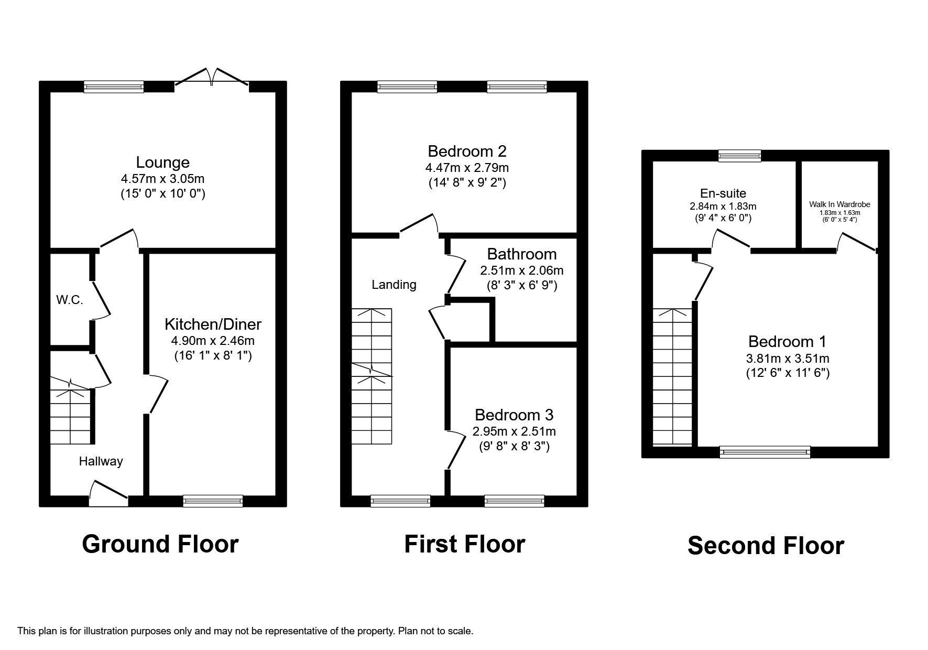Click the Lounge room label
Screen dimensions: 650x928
pyautogui.click(x=162, y=162)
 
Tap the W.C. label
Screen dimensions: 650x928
pyautogui.click(x=70, y=300)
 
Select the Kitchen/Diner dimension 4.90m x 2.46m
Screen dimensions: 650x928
pyautogui.click(x=213, y=341)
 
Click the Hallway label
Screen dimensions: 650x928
pyautogui.click(x=101, y=461)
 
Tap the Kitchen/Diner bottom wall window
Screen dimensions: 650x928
pyautogui.click(x=213, y=501)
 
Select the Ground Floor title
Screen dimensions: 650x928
pyautogui.click(x=160, y=544)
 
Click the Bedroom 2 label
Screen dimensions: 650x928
pyautogui.click(x=467, y=151)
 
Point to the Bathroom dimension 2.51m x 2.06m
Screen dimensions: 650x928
pyautogui.click(x=521, y=271)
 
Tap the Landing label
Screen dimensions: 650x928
pyautogui.click(x=394, y=285)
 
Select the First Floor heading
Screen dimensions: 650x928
pyautogui.click(x=464, y=544)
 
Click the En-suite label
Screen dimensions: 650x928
pyautogui.click(x=723, y=193)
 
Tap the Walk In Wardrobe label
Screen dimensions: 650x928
pyautogui.click(x=839, y=204)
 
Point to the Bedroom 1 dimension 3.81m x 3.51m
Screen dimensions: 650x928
pyautogui.click(x=787, y=359)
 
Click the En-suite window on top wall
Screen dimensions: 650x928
pyautogui.click(x=739, y=155)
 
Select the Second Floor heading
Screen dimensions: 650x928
pyautogui.click(x=766, y=545)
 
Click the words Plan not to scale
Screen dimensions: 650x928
pyautogui.click(x=435, y=631)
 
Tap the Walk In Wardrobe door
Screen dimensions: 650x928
pyautogui.click(x=856, y=242)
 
